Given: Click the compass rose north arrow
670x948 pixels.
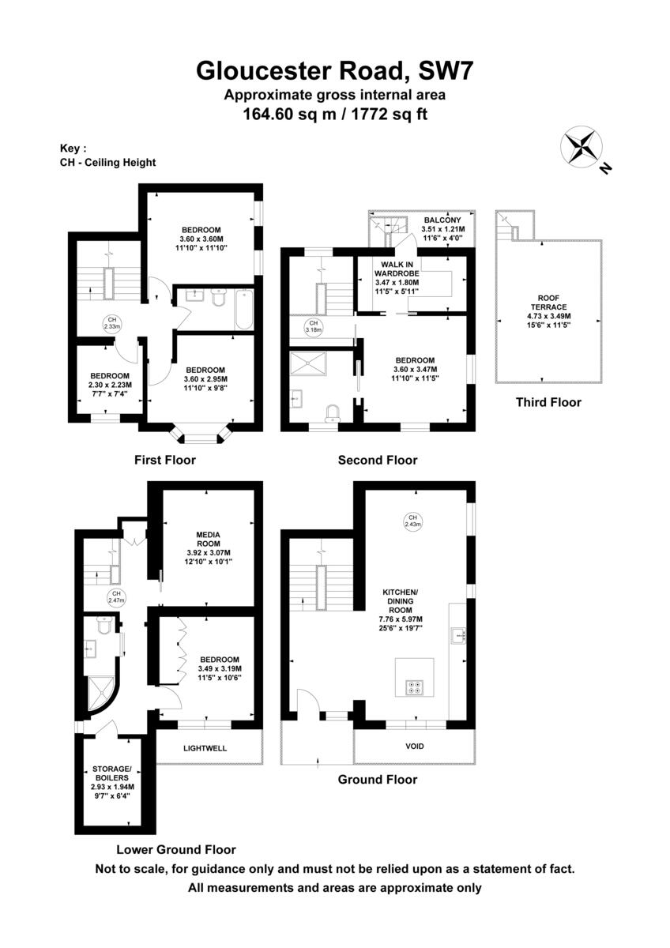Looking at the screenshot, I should pyautogui.click(x=582, y=149).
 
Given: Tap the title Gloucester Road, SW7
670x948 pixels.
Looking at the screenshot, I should pyautogui.click(x=334, y=71).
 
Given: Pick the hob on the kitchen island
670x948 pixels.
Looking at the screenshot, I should pyautogui.click(x=414, y=687).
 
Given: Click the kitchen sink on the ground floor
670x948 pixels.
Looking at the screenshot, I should pyautogui.click(x=459, y=634).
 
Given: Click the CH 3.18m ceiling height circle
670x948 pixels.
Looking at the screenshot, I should pyautogui.click(x=313, y=327).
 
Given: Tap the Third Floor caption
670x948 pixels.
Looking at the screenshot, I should pyautogui.click(x=548, y=402).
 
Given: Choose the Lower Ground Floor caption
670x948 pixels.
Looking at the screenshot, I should pyautogui.click(x=176, y=850).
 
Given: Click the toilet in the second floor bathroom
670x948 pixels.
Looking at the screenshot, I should pyautogui.click(x=333, y=413).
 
